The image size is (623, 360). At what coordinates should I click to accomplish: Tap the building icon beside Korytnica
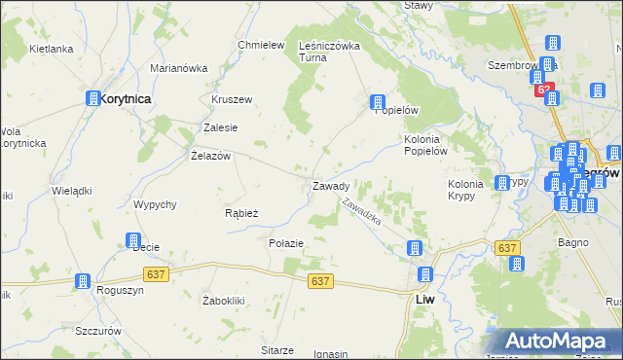[93, 98]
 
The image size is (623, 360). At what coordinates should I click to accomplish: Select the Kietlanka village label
[52, 48]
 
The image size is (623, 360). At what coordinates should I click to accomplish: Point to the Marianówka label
[179, 68]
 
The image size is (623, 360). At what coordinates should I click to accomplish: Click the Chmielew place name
[260, 45]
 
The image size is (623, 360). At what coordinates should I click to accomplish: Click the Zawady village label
[331, 186]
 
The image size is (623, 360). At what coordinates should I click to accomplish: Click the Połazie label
[286, 242]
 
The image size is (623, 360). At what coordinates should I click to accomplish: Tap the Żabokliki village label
[223, 300]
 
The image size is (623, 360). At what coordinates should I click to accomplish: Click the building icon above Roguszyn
[83, 280]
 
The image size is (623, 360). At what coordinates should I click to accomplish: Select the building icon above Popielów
[378, 101]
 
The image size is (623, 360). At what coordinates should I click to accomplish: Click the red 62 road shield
[545, 90]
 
